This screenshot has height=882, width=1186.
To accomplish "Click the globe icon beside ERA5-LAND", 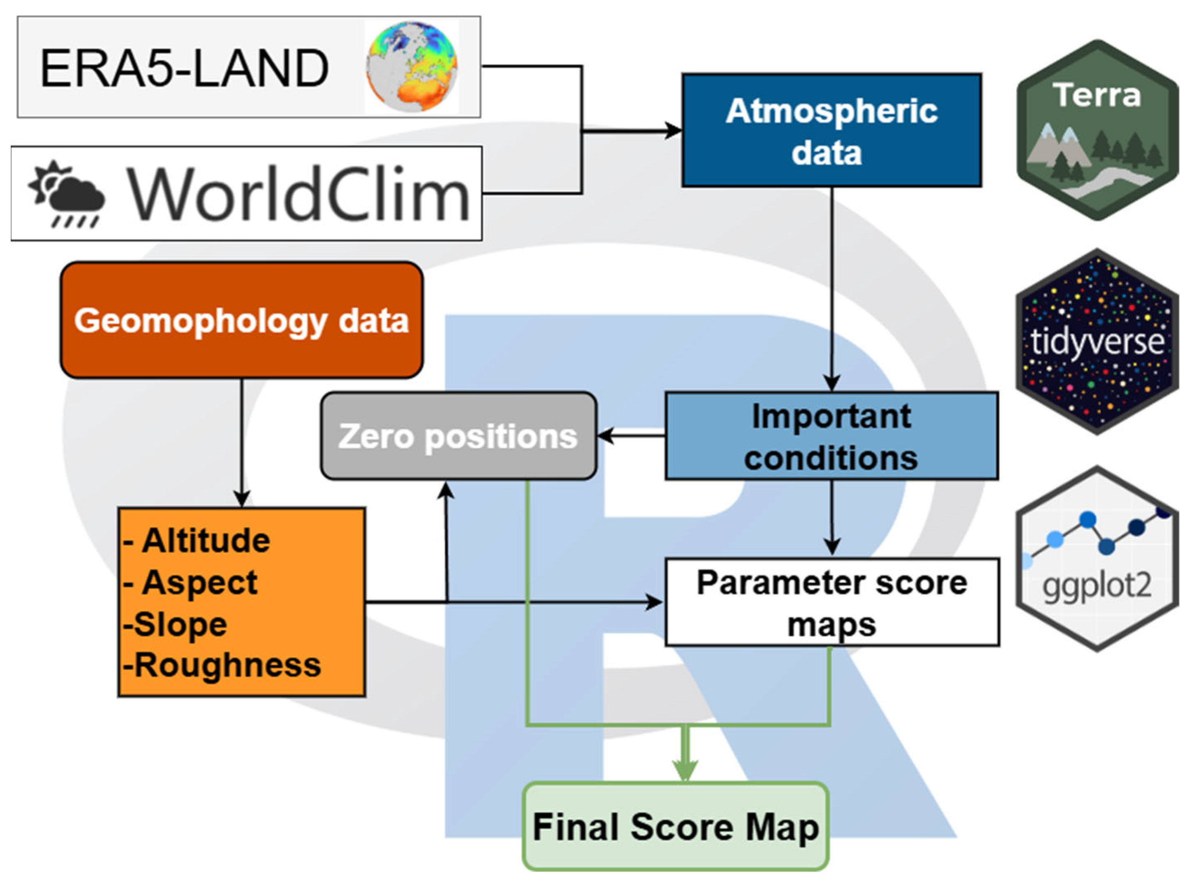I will (411, 67).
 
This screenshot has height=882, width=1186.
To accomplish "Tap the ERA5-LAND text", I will (184, 68).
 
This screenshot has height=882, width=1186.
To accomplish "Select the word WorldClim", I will (298, 194).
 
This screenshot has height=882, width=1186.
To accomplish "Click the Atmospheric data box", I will (831, 131).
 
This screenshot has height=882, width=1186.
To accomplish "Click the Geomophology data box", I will (241, 320).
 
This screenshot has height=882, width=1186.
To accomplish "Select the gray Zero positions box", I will (458, 436).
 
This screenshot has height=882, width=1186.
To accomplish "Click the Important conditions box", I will (831, 436).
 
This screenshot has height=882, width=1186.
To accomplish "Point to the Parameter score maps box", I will (831, 603).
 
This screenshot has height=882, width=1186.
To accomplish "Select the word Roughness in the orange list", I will (227, 665).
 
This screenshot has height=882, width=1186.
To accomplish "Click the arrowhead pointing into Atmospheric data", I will (674, 130).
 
